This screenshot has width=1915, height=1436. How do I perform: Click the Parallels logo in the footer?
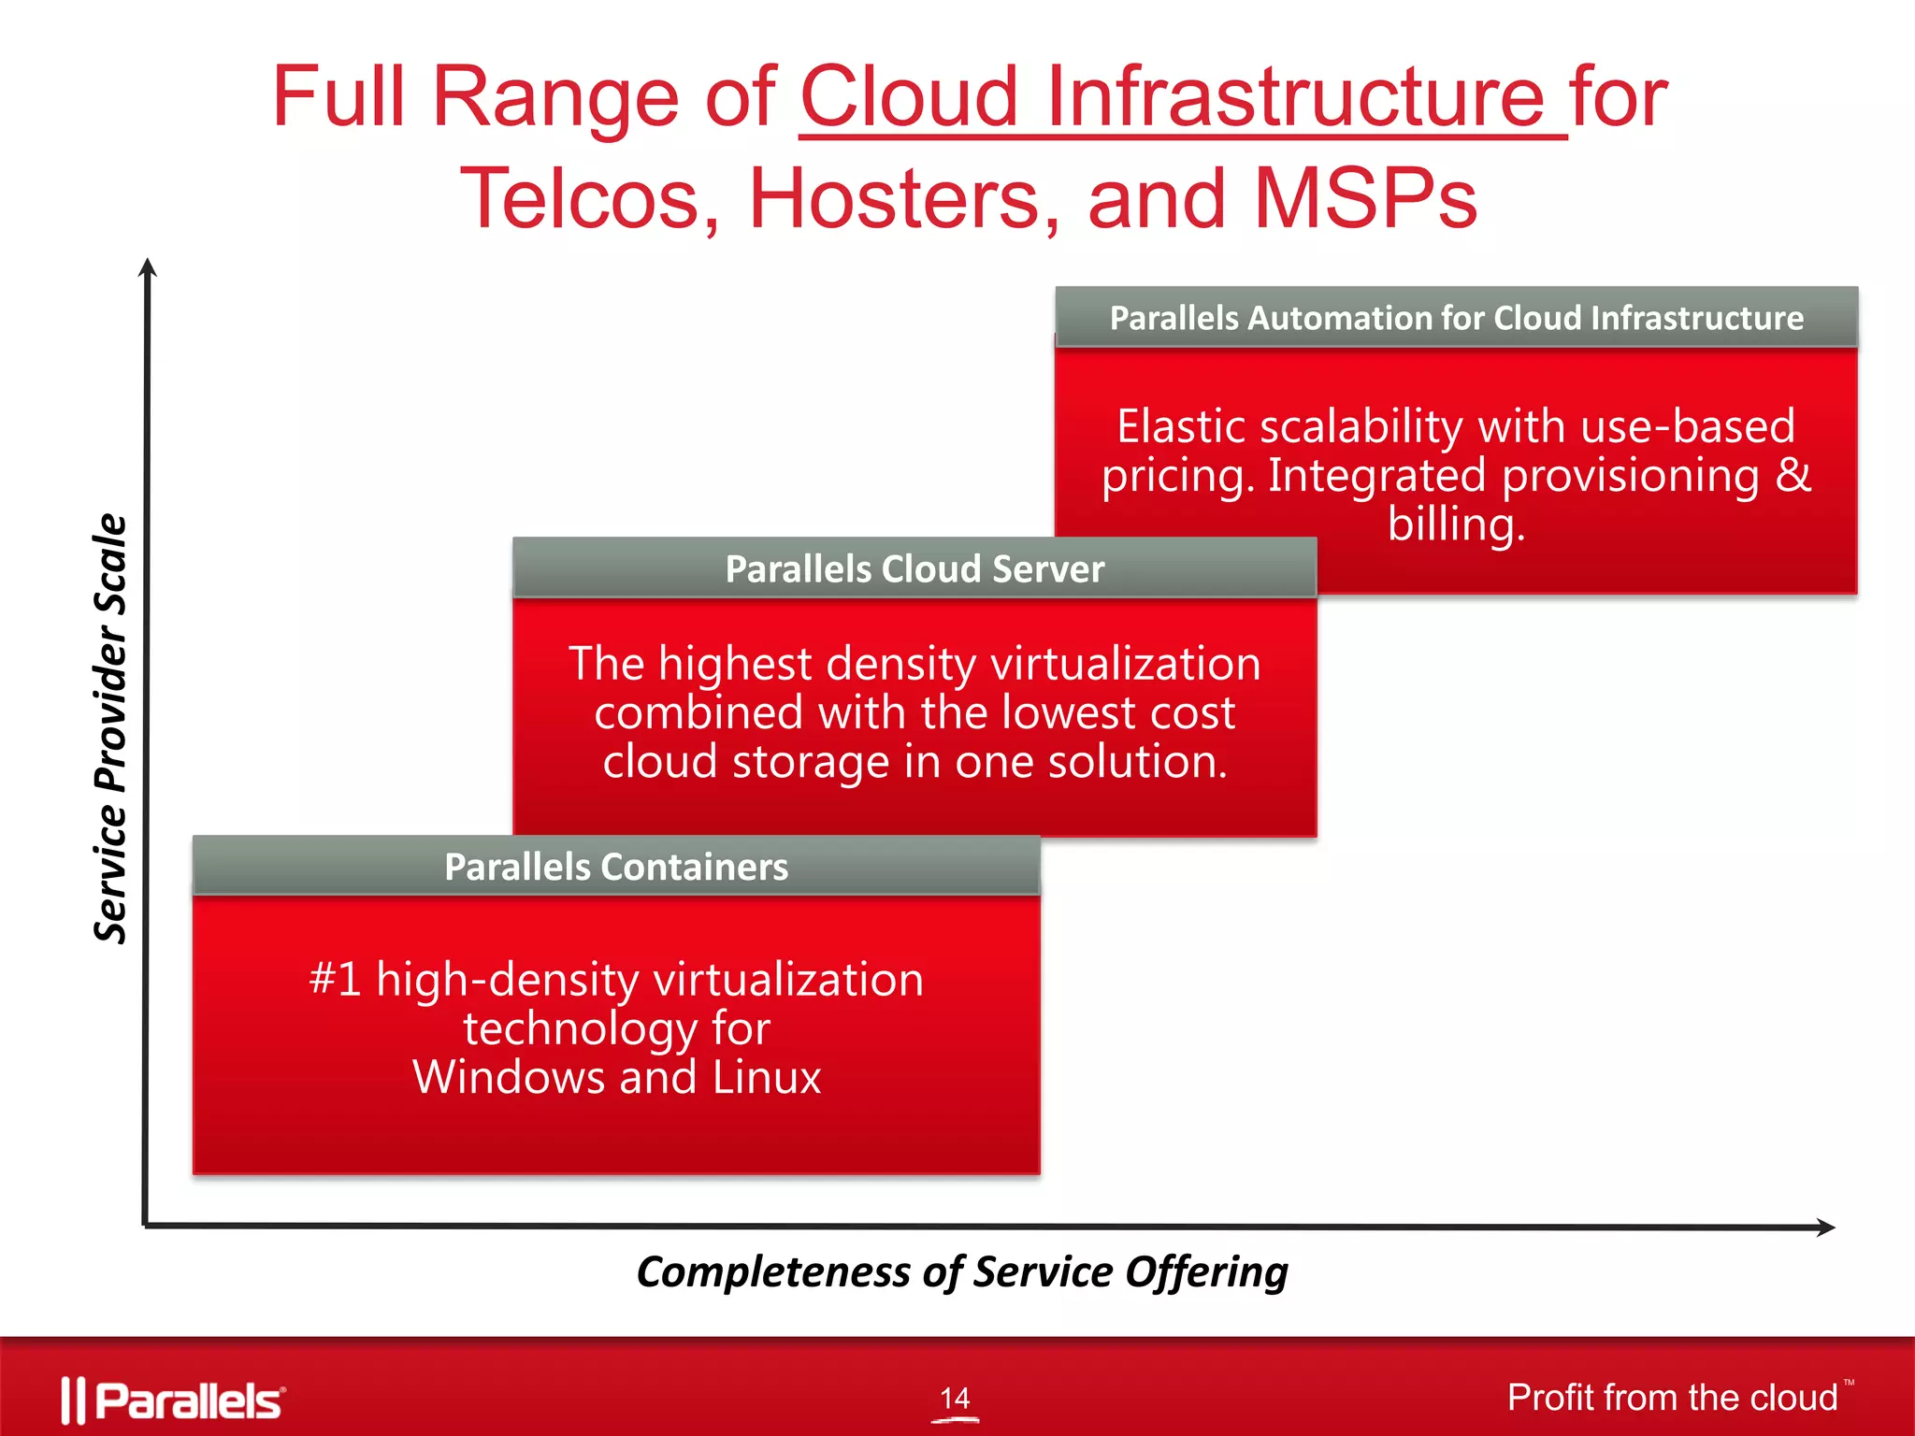click(x=174, y=1400)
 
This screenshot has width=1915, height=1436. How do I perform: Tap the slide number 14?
click(x=955, y=1398)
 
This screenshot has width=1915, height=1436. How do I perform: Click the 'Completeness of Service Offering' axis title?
click(x=961, y=1272)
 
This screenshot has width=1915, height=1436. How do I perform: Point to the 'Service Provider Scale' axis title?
click(x=110, y=729)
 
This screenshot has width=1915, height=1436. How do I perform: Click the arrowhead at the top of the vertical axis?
click(x=147, y=267)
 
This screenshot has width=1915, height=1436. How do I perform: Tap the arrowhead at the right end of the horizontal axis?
click(x=1824, y=1228)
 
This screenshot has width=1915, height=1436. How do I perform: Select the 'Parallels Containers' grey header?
click(x=616, y=867)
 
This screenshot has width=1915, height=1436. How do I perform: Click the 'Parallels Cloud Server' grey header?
click(x=914, y=568)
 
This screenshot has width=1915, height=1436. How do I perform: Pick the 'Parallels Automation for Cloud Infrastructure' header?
click(x=1456, y=318)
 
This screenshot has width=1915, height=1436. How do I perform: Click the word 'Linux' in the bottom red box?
click(x=767, y=1077)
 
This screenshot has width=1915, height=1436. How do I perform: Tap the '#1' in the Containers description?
click(x=335, y=979)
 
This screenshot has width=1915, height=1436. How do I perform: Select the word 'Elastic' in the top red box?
click(x=1181, y=426)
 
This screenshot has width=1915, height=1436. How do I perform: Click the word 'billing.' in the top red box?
click(x=1456, y=524)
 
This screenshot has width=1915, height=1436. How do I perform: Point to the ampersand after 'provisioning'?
click(x=1793, y=475)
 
